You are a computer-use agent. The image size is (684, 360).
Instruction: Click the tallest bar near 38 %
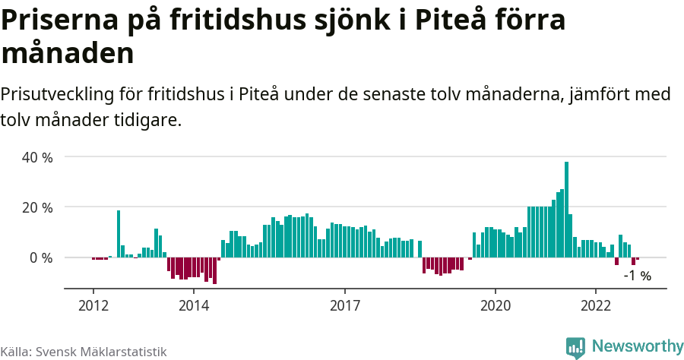[566, 209]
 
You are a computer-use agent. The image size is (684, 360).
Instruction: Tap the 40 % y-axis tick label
[37, 157]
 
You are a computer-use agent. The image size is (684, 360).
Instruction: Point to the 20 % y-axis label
[37, 207]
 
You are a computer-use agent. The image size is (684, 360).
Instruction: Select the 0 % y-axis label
[41, 258]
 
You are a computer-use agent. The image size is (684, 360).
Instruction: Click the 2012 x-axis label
[93, 304]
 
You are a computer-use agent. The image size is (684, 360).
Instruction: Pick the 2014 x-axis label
[194, 304]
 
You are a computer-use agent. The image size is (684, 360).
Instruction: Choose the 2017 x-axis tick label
[345, 304]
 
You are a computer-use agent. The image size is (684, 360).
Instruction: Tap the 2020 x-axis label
[496, 304]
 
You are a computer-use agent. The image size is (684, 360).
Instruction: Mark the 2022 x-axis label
[596, 304]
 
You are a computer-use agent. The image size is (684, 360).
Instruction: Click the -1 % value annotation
[637, 276]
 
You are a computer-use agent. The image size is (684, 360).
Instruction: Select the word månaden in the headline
[68, 54]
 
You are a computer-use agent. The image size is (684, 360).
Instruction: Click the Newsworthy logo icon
[575, 347]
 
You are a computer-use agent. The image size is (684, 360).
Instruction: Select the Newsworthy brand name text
[638, 346]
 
